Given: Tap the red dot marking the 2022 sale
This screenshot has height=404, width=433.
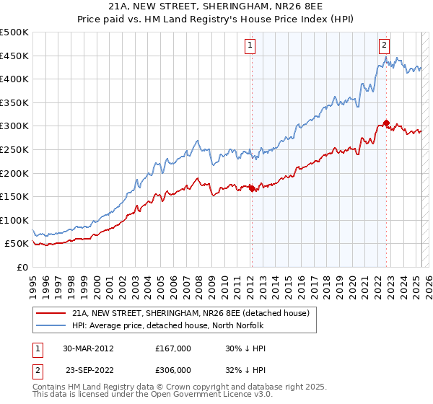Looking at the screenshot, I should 387,123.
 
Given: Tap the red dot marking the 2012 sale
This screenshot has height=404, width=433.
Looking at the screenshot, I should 252,188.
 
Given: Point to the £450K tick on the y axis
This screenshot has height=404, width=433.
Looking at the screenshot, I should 15,56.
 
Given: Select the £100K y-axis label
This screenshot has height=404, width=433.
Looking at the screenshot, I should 15,220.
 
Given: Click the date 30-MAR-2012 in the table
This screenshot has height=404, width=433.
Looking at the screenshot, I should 88,348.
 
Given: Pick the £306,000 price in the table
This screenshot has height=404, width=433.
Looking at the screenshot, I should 173,369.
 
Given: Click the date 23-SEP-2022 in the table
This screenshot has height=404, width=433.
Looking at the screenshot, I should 89,369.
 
